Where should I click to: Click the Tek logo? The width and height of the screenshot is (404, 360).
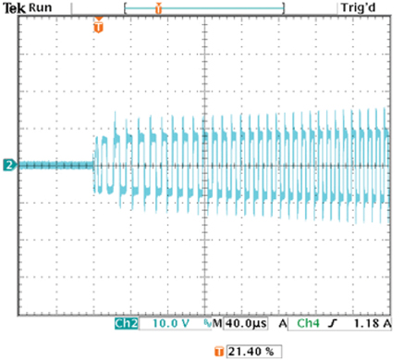[14, 7]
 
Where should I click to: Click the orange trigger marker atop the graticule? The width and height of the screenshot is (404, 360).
[98, 26]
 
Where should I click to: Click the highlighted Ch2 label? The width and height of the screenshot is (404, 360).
[125, 326]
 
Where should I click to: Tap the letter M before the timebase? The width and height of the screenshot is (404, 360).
[219, 326]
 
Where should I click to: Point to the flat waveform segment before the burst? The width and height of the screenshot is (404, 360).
[55, 166]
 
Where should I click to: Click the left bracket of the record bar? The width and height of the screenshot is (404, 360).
[125, 8]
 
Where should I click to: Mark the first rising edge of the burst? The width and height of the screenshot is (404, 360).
[96, 153]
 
